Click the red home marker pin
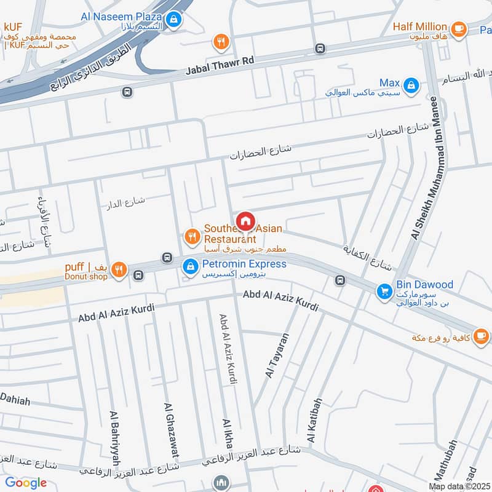245,221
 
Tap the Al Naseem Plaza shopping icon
175,19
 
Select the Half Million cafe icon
458,28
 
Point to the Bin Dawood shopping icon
385,290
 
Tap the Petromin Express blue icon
191,266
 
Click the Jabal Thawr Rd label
220,66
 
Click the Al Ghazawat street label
171,430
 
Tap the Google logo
26,483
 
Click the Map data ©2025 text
458,486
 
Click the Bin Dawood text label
425,285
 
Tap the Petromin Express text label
244,264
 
